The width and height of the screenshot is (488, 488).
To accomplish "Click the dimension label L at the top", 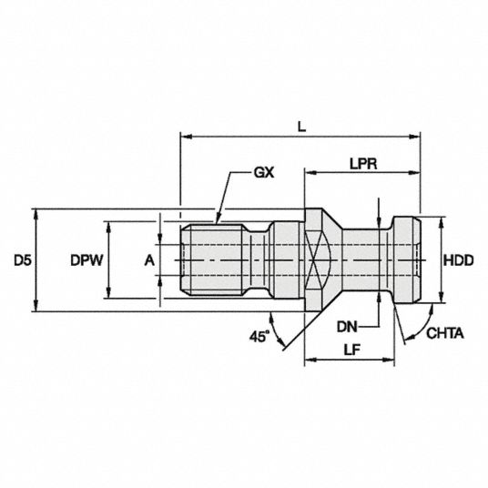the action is point(301,127).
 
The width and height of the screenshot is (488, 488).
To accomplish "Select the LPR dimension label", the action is point(363,164).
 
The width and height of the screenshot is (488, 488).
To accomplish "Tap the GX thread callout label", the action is point(264,172).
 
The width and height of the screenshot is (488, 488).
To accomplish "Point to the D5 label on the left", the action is point(23,260).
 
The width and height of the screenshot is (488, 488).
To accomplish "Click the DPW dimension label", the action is point(86,260).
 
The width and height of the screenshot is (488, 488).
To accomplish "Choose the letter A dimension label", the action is point(149,260).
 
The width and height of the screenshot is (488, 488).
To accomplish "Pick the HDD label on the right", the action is point(459,260).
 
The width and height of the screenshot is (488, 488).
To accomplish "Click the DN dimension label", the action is point(347,327).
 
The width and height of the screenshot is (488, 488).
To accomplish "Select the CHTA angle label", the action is point(444,333).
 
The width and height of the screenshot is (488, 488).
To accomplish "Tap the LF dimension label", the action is point(351,350).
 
